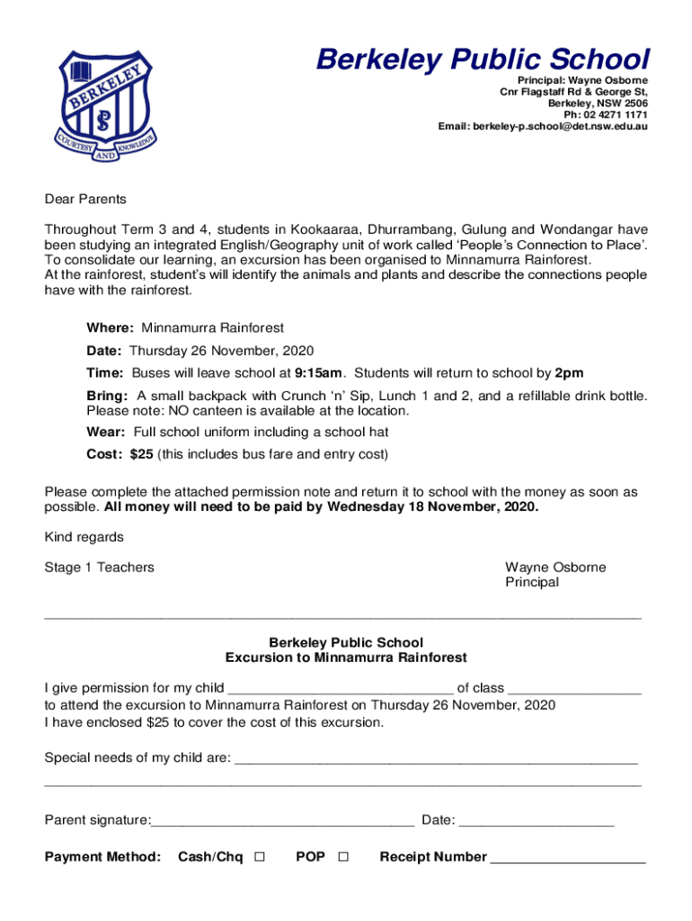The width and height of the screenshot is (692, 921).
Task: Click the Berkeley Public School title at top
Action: (x=482, y=60)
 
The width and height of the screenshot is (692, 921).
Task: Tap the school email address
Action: (x=543, y=127)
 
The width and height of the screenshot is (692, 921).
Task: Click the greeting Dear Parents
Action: (x=85, y=199)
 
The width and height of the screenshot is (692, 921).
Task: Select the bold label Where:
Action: (x=111, y=328)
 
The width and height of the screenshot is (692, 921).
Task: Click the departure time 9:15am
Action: (x=318, y=372)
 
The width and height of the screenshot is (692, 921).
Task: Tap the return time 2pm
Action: (x=569, y=372)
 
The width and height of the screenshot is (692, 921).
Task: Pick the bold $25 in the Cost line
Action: (x=141, y=454)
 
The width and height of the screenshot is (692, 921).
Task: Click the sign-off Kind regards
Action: (x=84, y=538)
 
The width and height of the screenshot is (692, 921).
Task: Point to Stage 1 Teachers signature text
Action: (x=99, y=568)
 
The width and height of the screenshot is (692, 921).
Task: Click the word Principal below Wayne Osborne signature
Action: (x=532, y=582)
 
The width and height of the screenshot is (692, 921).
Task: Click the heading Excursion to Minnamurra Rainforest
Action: (x=346, y=657)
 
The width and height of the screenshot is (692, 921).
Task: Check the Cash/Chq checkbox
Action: (x=260, y=857)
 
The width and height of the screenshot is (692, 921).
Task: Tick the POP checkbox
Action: (x=343, y=857)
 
